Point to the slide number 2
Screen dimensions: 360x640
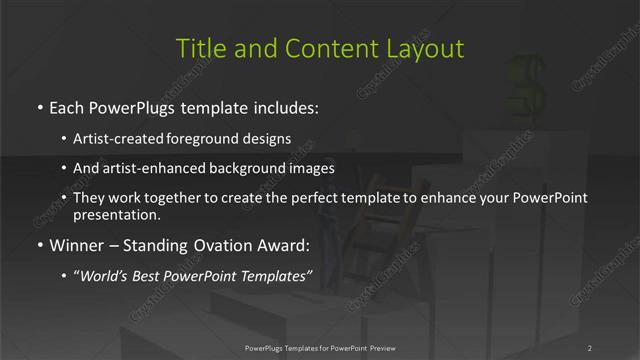coord(589,348)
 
